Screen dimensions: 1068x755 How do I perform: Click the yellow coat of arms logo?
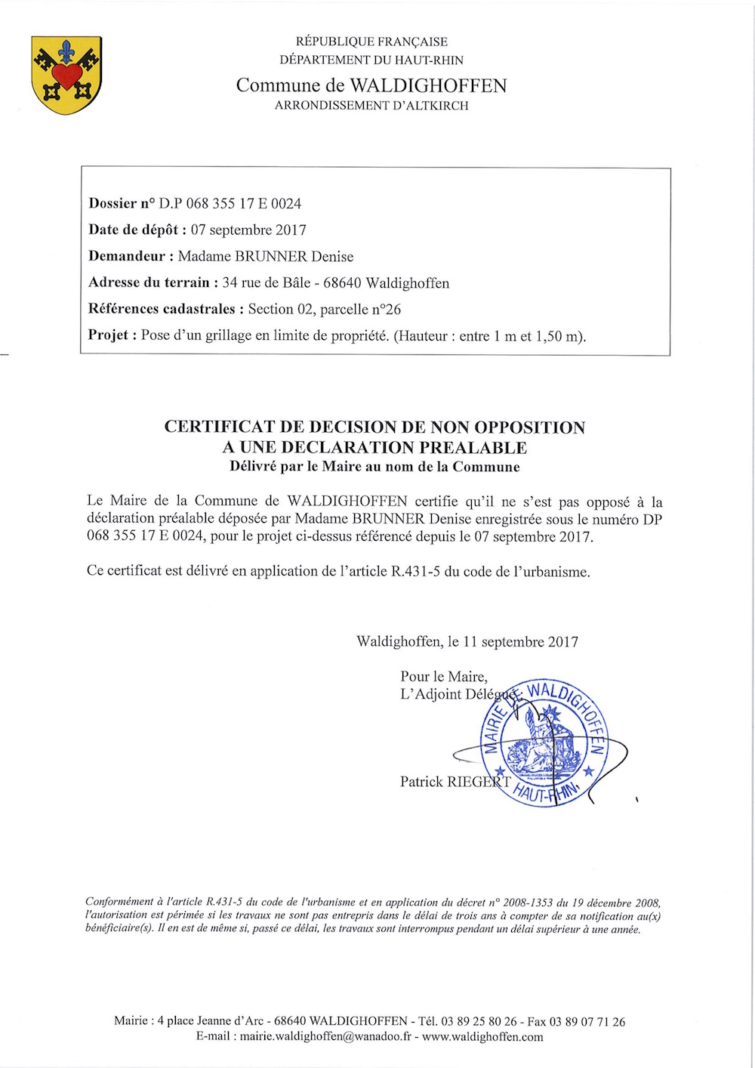(x=67, y=76)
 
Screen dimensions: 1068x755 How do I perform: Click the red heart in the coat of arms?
(x=67, y=74)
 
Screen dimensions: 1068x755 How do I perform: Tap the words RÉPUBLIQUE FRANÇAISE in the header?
(x=371, y=42)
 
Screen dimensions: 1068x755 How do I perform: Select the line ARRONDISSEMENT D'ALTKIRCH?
(x=371, y=106)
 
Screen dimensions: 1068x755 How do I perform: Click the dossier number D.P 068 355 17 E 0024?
(x=230, y=203)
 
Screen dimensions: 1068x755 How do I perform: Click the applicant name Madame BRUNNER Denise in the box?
(x=266, y=256)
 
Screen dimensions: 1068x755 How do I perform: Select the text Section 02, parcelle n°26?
(x=325, y=309)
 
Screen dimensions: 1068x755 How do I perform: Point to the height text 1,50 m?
(x=559, y=336)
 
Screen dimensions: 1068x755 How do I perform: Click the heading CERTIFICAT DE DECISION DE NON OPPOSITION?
(x=374, y=428)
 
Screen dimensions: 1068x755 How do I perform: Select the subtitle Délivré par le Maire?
(x=374, y=467)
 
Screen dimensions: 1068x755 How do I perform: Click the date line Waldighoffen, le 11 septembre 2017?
(x=467, y=642)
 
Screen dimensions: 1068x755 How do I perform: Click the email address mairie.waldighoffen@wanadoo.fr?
(x=325, y=1037)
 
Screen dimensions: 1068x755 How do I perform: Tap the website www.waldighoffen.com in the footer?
(x=482, y=1037)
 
